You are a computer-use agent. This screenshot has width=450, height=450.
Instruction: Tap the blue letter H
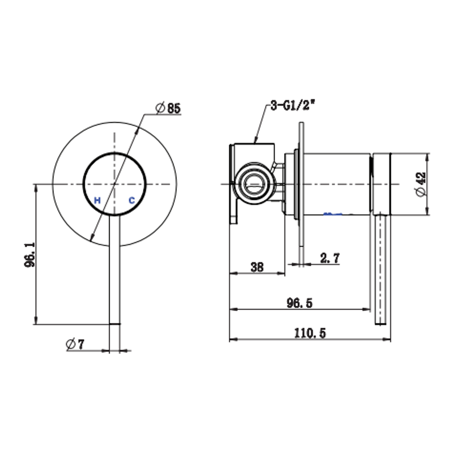point(97,200)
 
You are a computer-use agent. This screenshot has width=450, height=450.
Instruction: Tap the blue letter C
point(131,200)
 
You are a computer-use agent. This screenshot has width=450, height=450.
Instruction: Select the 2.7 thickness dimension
point(330,258)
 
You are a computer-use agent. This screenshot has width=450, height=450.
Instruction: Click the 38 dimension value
point(257,267)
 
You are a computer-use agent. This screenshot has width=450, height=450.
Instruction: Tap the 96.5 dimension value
point(299,303)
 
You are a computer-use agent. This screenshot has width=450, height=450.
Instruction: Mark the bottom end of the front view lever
point(115,323)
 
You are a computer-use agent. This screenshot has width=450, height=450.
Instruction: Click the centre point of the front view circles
point(115,184)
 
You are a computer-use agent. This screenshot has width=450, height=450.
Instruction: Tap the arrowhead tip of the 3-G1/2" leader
point(255,143)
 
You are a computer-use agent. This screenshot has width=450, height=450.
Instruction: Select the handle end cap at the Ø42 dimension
point(382,184)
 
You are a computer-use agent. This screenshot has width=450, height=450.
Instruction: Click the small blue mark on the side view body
point(333,214)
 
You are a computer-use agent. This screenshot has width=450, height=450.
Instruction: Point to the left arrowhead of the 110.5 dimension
point(231,339)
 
